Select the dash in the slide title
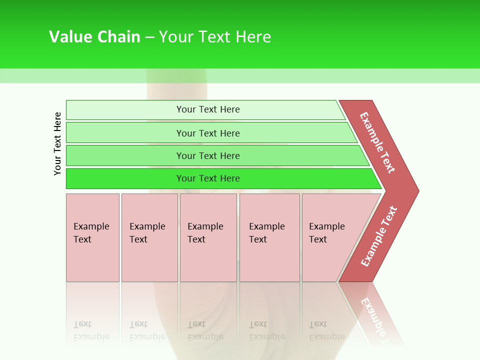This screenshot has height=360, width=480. point(149,37)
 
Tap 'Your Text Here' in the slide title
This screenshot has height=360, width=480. point(215,37)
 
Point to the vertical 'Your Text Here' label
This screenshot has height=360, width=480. point(57,143)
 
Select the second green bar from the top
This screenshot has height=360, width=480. point(208,133)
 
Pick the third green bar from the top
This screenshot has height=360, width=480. point(208,155)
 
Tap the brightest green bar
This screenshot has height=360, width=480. point(208,178)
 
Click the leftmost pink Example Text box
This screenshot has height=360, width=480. point(92,237)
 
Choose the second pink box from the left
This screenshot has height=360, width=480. point(149,237)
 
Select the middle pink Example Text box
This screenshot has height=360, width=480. point(208,237)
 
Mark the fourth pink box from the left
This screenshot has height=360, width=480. point(269,237)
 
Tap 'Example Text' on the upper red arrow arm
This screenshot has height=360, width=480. point(377,142)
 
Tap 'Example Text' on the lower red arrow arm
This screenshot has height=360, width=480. point(379,236)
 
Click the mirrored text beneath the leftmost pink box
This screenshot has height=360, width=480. point(91,330)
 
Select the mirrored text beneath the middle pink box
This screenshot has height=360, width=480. point(205,330)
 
